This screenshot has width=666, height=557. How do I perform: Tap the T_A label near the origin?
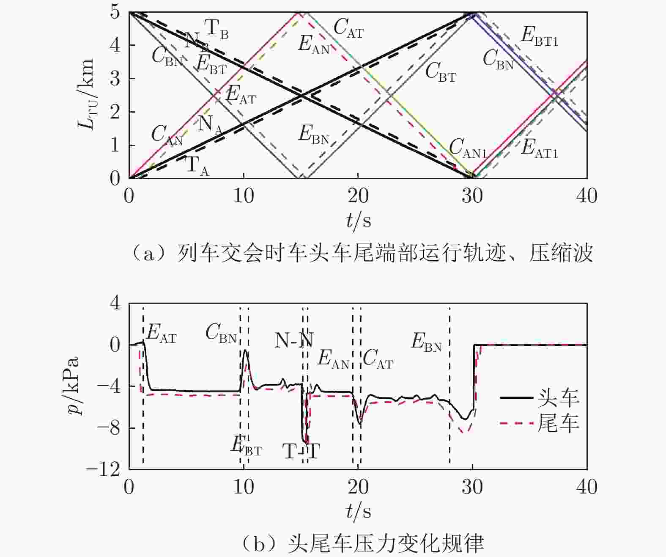[197, 165]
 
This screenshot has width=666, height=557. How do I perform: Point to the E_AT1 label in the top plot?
[539, 149]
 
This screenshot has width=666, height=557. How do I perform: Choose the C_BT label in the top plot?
[440, 72]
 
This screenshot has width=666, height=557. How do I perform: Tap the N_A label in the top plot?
[210, 124]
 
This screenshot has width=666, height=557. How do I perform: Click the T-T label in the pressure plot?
[301, 452]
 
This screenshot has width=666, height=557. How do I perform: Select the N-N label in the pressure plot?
[294, 340]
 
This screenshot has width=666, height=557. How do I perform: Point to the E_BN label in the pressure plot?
[426, 342]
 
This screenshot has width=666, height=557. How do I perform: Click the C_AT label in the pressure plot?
[378, 359]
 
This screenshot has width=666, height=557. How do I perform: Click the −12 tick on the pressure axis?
[104, 469]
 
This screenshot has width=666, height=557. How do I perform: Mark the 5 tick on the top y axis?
[115, 12]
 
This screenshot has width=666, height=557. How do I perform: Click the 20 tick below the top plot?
[358, 196]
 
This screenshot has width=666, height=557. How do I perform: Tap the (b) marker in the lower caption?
[259, 543]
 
